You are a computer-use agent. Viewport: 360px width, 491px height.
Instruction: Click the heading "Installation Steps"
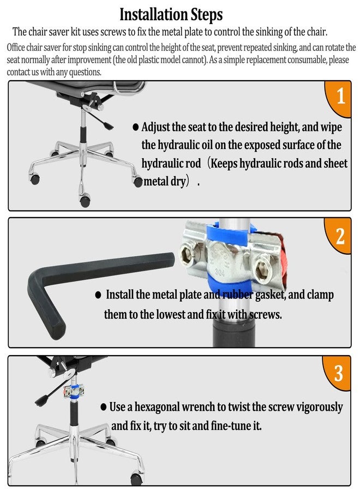coord(171,14)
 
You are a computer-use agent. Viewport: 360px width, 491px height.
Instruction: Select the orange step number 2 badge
coord(339,236)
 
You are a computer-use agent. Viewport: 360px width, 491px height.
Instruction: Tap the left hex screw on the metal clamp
coord(187,254)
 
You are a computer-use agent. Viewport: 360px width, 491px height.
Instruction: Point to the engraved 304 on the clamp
coord(220,272)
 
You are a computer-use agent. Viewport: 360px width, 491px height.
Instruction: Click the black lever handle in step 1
coord(108,125)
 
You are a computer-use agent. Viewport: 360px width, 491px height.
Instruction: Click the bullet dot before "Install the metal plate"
coord(98,295)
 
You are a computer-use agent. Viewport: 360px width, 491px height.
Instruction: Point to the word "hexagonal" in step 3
coord(157,408)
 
